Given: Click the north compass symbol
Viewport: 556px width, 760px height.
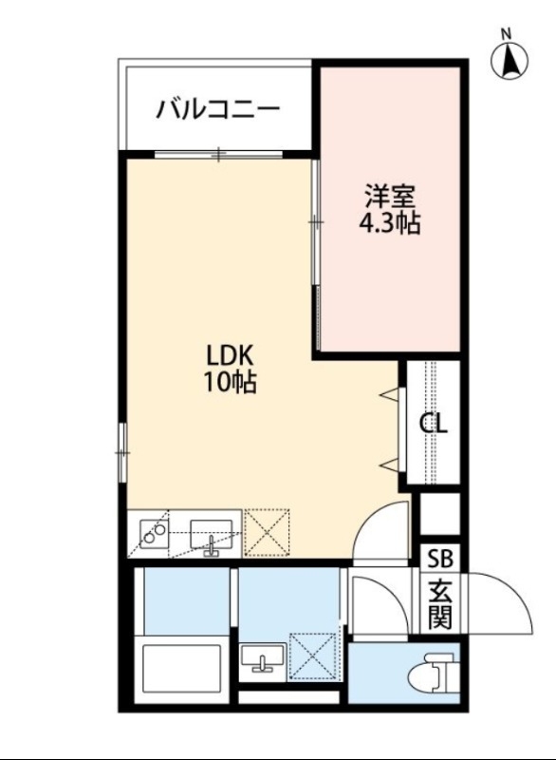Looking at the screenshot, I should tap(510, 59).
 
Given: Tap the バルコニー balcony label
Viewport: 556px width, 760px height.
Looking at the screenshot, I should tap(218, 107).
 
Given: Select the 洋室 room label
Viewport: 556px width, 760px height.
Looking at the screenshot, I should tap(390, 198).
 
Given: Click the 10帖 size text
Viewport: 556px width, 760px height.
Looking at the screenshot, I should tap(229, 383).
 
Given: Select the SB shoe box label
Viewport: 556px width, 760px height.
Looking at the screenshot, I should tap(438, 558).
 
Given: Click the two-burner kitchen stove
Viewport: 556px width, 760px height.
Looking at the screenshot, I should tap(153, 534).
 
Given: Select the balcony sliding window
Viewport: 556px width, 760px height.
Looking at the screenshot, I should tap(218, 153).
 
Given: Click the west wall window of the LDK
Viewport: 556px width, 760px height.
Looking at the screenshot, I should tap(121, 452).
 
